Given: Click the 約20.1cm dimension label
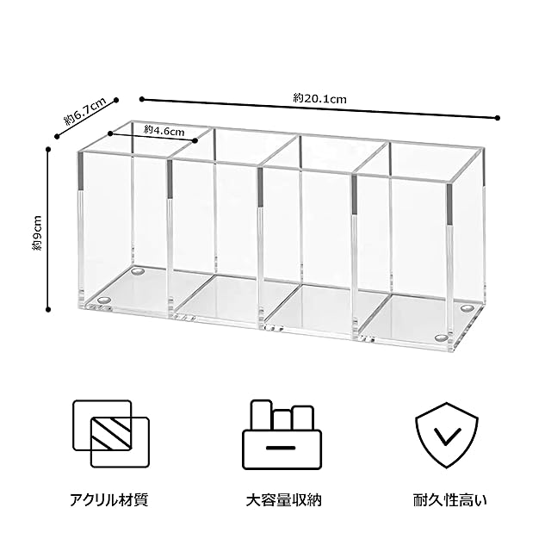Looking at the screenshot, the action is [319, 99].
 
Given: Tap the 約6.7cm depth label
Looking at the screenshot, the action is [85, 109].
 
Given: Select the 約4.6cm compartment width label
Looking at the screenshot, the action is [163, 130].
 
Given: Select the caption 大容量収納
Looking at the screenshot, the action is [278, 499].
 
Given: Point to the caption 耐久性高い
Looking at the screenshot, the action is [446, 499].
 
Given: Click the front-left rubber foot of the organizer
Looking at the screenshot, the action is [105, 301].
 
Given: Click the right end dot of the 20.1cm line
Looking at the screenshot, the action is [498, 117].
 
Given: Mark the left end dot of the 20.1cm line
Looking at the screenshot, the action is [141, 100].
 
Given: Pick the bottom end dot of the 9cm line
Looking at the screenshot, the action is [47, 307].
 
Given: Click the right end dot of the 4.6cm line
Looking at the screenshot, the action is [196, 139].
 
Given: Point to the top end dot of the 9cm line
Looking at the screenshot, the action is [47, 149].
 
